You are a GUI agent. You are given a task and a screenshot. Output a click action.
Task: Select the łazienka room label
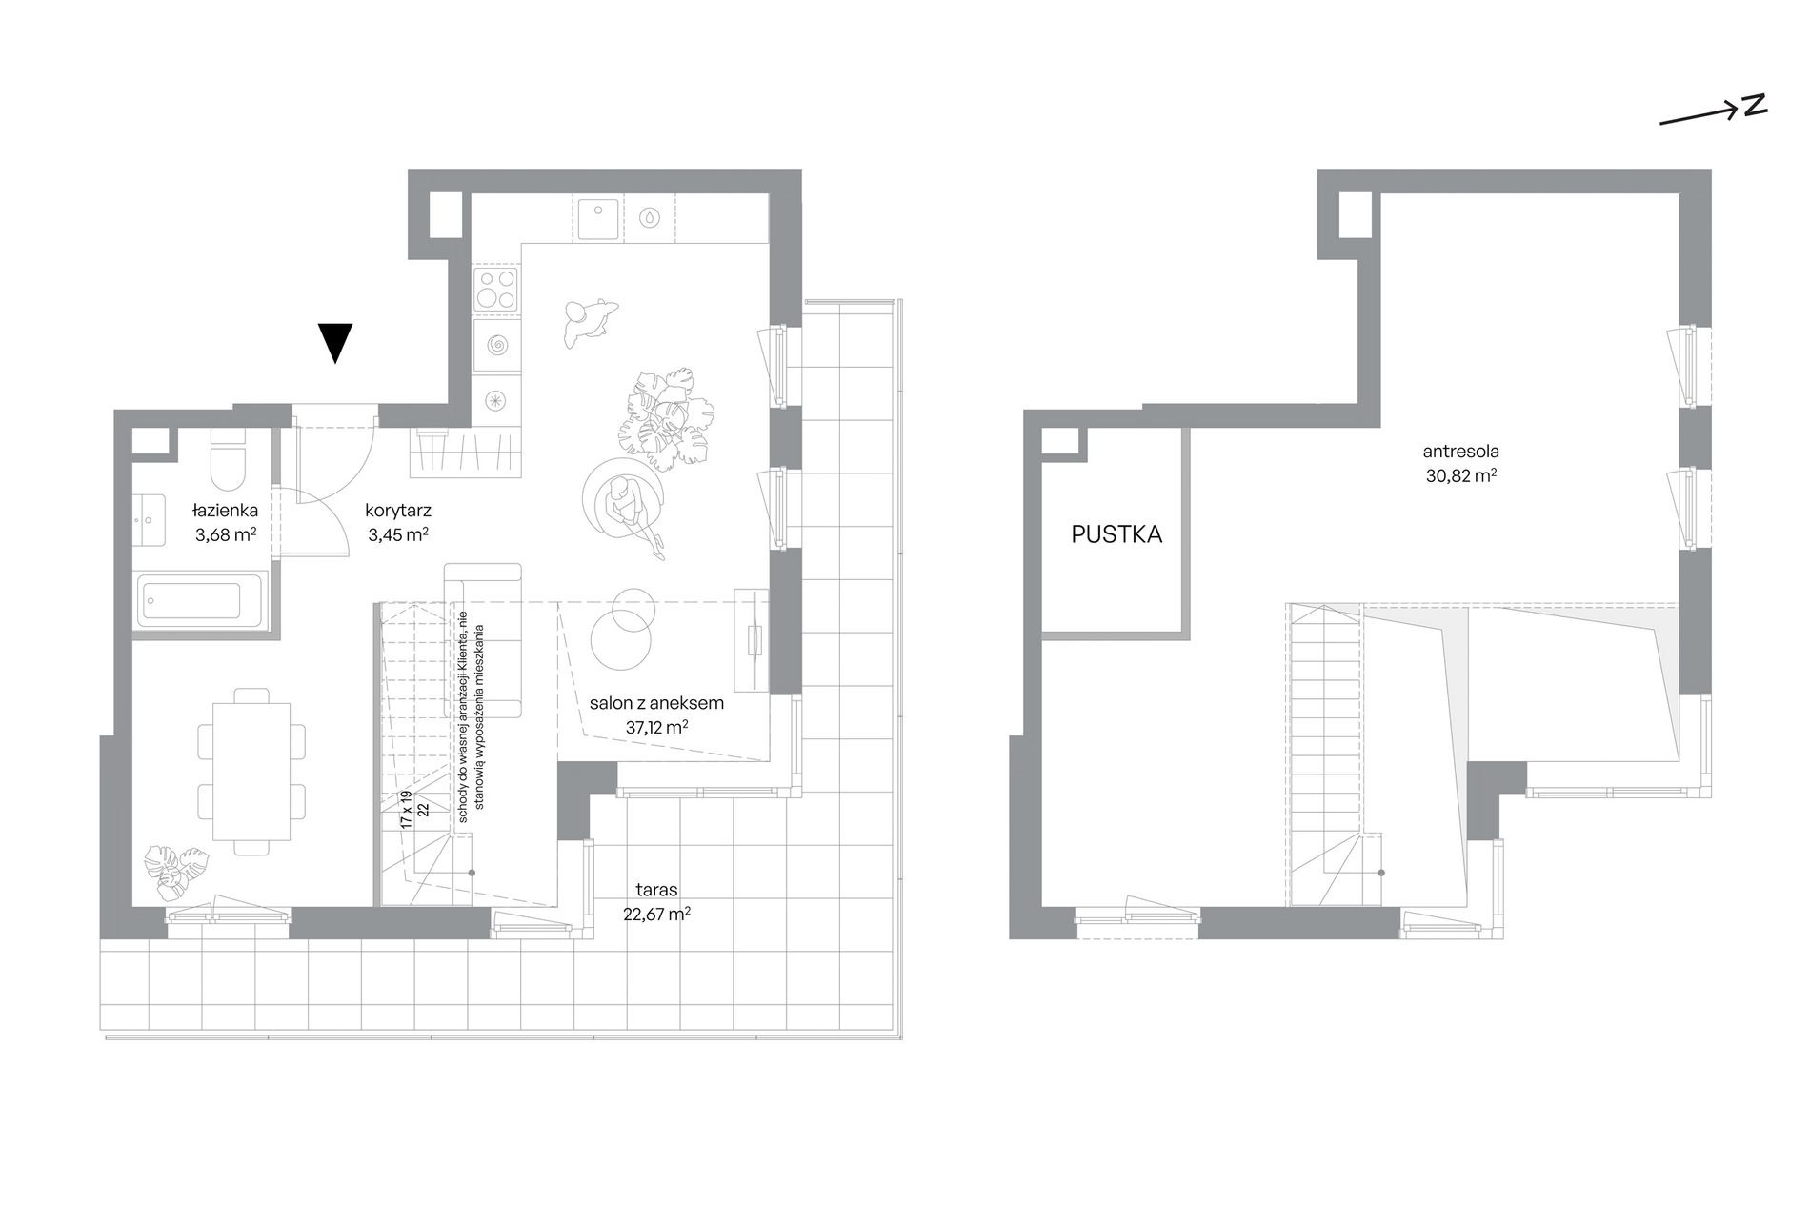[x=225, y=511]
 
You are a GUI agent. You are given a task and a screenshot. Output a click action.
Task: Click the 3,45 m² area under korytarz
[x=398, y=534]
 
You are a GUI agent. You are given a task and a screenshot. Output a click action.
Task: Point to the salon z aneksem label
[x=657, y=703]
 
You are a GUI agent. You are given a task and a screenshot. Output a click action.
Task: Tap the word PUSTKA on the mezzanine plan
[x=1116, y=534]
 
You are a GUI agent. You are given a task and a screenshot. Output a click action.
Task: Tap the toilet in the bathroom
[x=228, y=462]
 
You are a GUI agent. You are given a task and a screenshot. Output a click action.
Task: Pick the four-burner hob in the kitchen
[x=496, y=290]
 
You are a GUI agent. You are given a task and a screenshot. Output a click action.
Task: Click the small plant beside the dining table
[x=174, y=871]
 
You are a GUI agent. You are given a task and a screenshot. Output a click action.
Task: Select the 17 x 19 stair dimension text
[x=405, y=808]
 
